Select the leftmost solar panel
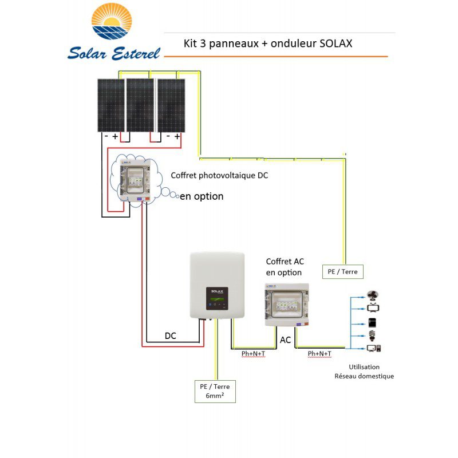(x=110, y=105)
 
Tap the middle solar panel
(x=140, y=105)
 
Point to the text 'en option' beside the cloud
(x=202, y=196)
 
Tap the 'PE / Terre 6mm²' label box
(x=215, y=391)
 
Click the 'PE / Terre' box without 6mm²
(x=343, y=271)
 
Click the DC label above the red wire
(x=171, y=336)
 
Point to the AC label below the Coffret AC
(x=285, y=340)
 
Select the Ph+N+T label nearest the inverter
(x=253, y=354)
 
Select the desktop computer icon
(x=375, y=348)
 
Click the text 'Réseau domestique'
(x=364, y=376)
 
